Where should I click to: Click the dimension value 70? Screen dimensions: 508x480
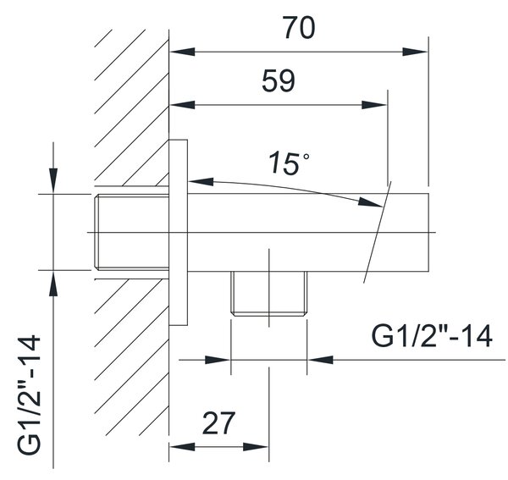tap(299, 28)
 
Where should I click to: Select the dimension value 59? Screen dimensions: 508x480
tap(279, 80)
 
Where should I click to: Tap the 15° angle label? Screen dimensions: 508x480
tap(289, 163)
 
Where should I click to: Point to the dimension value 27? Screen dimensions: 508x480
tap(218, 423)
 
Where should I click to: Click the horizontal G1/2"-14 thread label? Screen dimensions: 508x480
tap(432, 336)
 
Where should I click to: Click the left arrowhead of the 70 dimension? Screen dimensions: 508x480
tap(182, 52)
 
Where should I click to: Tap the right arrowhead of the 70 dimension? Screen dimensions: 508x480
tap(416, 52)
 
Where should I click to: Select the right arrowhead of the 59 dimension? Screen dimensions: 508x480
tap(374, 105)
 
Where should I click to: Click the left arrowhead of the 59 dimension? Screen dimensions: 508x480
tap(182, 105)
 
